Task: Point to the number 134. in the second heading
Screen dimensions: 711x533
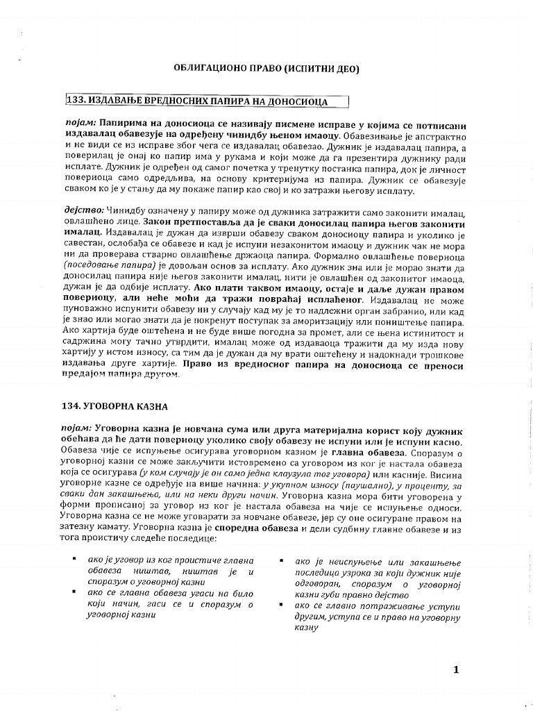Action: click(74, 405)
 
